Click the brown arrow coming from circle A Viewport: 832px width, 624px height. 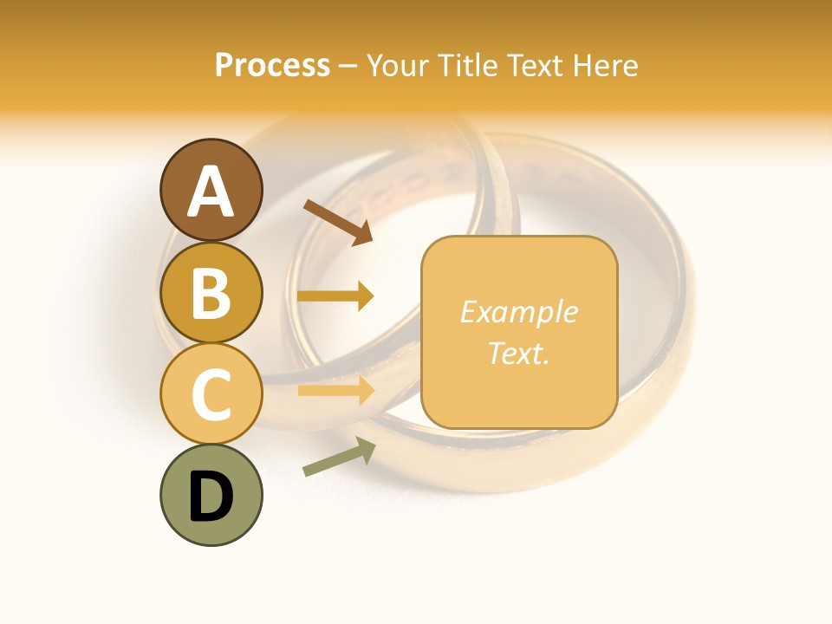pos(338,221)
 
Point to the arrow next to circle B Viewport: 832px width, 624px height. pos(335,296)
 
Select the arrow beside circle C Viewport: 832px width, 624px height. pos(335,390)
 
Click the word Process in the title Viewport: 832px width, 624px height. pos(272,65)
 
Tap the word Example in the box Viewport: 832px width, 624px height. pos(518,312)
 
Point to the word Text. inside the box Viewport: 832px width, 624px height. pos(518,353)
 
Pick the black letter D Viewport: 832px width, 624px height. pos(211,497)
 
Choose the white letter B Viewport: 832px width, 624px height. pos(211,293)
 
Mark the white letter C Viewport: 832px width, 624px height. pos(211,394)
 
